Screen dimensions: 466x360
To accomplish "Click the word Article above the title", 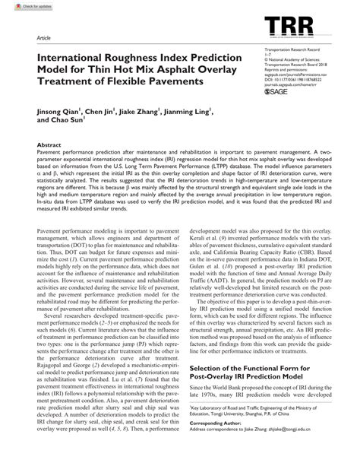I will [x=34, y=37].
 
